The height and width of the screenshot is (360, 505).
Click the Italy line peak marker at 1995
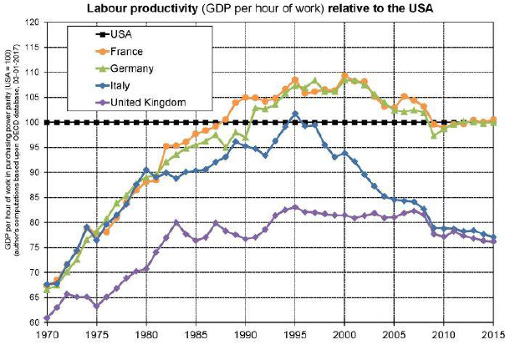coord(295,114)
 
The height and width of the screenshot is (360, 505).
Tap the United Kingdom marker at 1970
coord(48,318)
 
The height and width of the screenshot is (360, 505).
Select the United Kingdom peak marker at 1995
coord(295,207)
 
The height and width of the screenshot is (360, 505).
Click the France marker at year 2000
coord(344,76)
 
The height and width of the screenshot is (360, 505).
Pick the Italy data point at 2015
coord(493,237)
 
